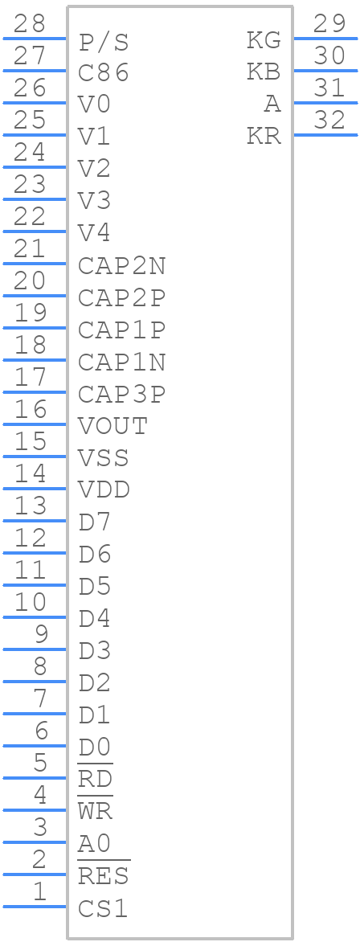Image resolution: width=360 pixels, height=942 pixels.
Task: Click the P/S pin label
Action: coord(104,43)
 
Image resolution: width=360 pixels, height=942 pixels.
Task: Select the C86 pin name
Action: coord(104,73)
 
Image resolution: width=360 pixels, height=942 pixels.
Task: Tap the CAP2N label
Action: coord(121,266)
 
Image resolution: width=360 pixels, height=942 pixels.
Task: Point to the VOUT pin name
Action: coord(113,427)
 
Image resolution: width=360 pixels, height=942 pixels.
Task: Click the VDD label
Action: coord(104,491)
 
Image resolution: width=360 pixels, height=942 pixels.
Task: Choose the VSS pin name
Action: coord(104,459)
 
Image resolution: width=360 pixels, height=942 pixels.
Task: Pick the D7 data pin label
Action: coord(95,523)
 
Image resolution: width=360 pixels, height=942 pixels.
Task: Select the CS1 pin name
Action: coord(104,909)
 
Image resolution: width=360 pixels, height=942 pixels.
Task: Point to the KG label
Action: coord(264,41)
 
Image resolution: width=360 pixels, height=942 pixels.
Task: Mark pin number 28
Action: coord(30,25)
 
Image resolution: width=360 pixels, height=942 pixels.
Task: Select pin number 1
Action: coord(39,892)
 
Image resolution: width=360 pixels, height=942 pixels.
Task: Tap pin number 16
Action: coord(30,411)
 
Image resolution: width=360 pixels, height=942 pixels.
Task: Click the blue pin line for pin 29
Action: coord(325,38)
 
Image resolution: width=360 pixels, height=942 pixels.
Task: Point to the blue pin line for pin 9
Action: coord(35,649)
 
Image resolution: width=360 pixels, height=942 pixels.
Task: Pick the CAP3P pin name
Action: coord(121,395)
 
